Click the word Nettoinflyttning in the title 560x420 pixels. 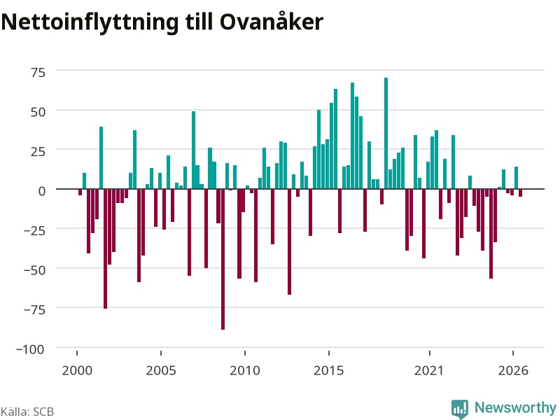coord(90,22)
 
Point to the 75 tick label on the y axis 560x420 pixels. coord(38,73)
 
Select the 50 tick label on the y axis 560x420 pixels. coord(38,112)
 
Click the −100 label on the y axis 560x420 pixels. coord(30,349)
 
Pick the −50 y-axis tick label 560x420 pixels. coord(34,270)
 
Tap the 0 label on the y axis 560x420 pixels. coord(42,191)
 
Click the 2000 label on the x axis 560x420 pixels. coord(77,370)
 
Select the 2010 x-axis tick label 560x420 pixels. coord(245,370)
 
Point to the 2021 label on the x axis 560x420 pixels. coord(429,370)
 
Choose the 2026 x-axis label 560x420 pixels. coord(513,370)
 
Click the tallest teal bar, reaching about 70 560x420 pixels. coord(386,133)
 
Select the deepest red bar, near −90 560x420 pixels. coord(223,259)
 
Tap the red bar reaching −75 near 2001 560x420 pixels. coord(106,248)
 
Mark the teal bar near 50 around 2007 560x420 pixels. coord(194,150)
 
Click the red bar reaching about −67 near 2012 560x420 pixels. coord(289,241)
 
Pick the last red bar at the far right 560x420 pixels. coord(520,193)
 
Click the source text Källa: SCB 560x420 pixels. coord(27,412)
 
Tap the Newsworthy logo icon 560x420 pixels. coord(460,409)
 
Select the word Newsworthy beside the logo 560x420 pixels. coord(515,407)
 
